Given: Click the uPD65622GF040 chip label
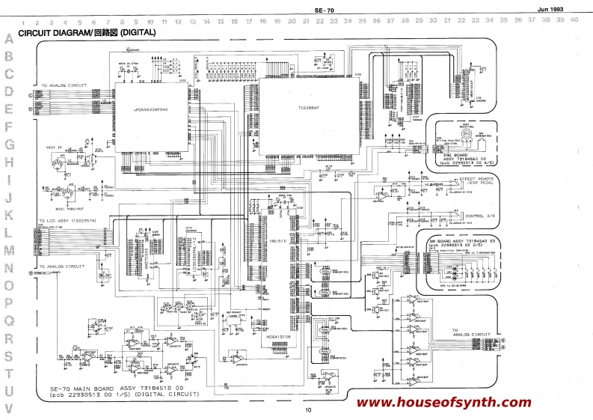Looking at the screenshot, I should pyautogui.click(x=151, y=109).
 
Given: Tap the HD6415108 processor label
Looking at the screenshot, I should pyautogui.click(x=278, y=338).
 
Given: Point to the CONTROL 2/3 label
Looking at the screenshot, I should pyautogui.click(x=481, y=216).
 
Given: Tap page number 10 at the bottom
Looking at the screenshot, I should pyautogui.click(x=307, y=410).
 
